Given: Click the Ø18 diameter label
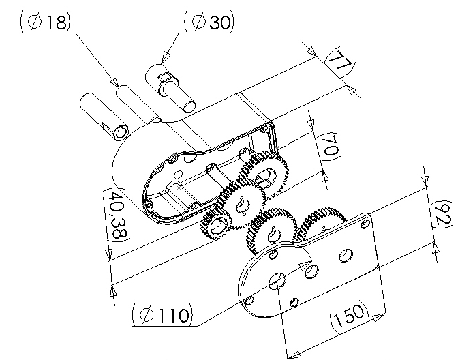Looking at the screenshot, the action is (x=46, y=21).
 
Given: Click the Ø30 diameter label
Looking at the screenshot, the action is (x=209, y=21).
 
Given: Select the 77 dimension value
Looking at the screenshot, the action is (x=340, y=61).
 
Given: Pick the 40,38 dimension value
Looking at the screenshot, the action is (x=117, y=215).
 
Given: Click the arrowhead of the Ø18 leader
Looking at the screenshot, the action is (x=114, y=82).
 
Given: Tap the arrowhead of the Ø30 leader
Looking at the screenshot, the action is (x=166, y=56).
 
